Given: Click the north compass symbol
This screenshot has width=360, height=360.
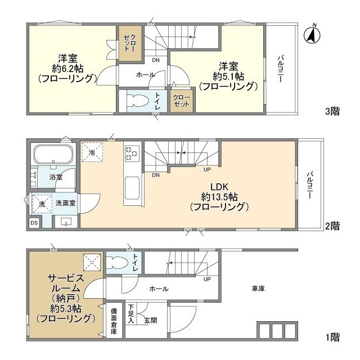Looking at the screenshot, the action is (312, 35).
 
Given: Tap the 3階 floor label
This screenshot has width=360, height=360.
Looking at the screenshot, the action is (332, 111).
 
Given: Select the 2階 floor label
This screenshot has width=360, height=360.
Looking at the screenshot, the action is (332, 226).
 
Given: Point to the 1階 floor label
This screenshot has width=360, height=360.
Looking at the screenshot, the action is (332, 337).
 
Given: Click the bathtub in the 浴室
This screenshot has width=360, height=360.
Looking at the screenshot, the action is (53, 154).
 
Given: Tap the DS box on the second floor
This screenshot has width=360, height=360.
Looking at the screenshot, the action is (34, 223).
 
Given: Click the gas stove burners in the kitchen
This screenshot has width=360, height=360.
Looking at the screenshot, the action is (132, 153).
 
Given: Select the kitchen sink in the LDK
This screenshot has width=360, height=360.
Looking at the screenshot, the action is (132, 188).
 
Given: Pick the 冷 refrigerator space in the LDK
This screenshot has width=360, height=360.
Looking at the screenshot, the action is (92, 152).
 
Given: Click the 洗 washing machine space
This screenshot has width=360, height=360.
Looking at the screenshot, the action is (42, 204).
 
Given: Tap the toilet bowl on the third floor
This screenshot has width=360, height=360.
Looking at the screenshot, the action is (137, 101).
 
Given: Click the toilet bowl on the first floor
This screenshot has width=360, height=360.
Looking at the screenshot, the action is (118, 263).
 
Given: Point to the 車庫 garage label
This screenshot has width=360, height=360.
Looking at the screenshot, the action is (258, 289).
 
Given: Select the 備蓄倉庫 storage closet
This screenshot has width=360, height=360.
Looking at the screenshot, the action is (114, 321).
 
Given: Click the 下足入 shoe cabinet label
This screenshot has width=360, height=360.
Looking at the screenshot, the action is (131, 314).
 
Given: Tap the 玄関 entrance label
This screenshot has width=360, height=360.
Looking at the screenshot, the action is (151, 320).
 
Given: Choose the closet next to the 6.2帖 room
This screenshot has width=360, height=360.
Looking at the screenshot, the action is (130, 43).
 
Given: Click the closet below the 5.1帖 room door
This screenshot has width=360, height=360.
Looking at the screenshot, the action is (181, 101).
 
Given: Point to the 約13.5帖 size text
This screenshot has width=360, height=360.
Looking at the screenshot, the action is (219, 197).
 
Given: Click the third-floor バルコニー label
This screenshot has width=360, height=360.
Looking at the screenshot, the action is (280, 69).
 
